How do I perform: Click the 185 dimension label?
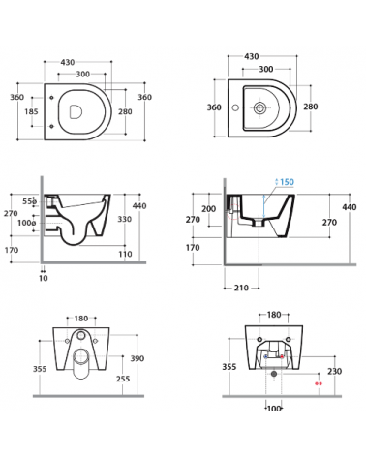tap(31, 111)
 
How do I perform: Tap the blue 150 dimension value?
tap(287, 182)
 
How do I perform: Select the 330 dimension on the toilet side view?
tap(124, 219)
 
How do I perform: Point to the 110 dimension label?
tap(125, 254)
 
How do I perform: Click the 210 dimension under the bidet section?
tap(241, 288)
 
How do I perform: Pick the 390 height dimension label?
tap(137, 358)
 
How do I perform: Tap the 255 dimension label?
tap(123, 379)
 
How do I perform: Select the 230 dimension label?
tap(334, 372)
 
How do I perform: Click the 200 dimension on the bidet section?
tap(208, 209)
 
